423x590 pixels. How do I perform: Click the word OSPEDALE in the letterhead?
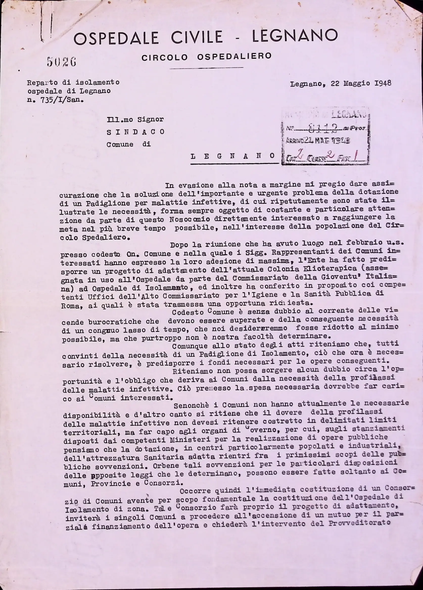point(116,38)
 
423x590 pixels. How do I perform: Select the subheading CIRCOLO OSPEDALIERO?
point(206,56)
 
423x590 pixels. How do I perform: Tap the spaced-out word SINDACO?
point(135,132)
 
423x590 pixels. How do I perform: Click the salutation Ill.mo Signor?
point(135,120)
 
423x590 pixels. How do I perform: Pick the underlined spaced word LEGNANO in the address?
point(233,156)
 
